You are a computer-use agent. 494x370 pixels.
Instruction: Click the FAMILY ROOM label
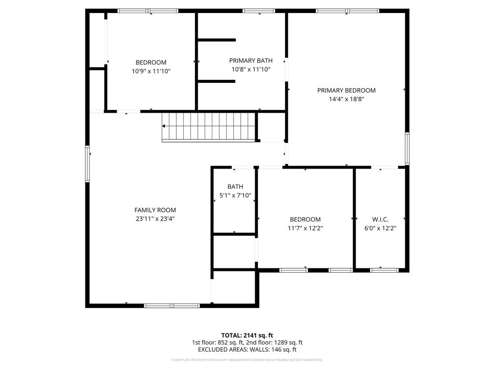[155, 210]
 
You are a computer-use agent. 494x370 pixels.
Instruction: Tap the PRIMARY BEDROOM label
[346, 90]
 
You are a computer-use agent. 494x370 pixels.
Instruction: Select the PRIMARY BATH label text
[250, 61]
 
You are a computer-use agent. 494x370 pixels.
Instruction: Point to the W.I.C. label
[380, 219]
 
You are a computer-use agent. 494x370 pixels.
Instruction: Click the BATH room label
[235, 187]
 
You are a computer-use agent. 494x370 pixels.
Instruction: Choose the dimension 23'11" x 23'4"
[155, 219]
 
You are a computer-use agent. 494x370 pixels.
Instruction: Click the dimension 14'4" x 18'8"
[346, 99]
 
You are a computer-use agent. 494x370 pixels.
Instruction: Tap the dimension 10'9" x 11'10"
[151, 71]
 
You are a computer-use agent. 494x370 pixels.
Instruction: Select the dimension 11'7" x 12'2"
[305, 228]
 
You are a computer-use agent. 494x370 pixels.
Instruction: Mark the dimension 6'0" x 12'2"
[380, 228]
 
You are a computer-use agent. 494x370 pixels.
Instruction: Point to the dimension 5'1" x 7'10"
[235, 196]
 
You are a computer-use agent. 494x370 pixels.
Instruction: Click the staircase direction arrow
[165, 126]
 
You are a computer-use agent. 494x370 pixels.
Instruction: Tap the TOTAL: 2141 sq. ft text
[247, 335]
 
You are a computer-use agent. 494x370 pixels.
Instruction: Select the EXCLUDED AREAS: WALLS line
[247, 350]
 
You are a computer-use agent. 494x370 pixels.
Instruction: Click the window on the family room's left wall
[87, 164]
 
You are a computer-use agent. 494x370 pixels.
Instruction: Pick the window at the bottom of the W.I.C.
[384, 270]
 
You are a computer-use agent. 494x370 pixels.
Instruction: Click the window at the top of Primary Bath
[259, 11]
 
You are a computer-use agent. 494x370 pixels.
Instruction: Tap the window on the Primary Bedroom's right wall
[407, 149]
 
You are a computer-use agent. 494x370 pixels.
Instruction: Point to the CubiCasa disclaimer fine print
[247, 360]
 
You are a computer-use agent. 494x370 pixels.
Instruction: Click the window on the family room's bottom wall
[172, 305]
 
